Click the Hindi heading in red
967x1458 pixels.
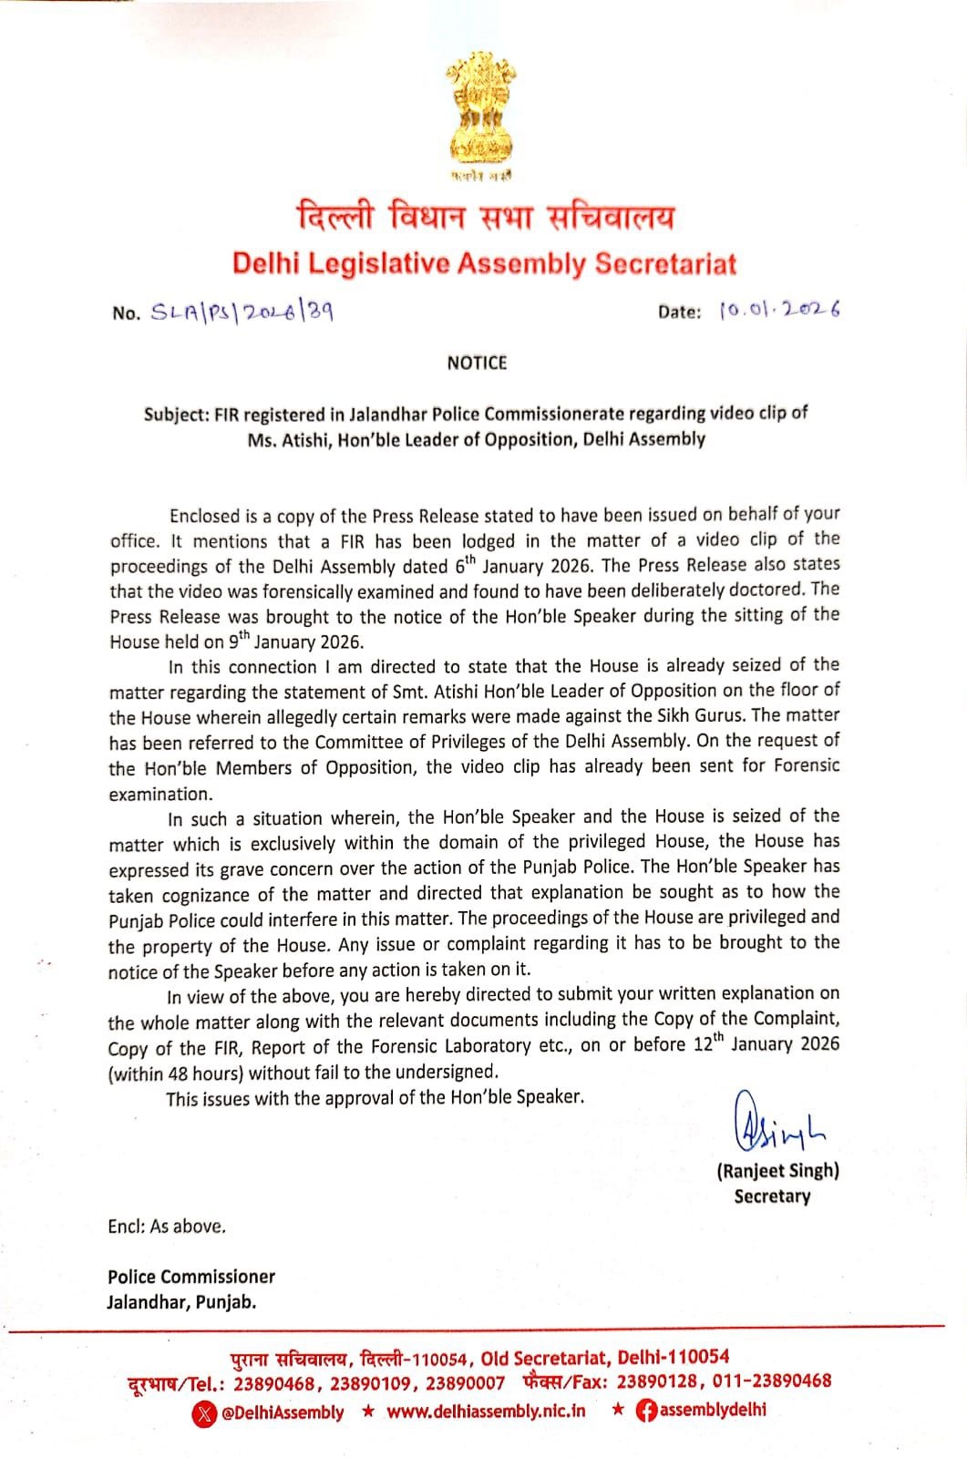coord(486,218)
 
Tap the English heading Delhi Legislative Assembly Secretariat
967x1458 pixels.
coord(484,263)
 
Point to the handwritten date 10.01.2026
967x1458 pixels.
coord(779,310)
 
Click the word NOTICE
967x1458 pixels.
coord(477,363)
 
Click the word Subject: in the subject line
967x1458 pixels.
coord(177,414)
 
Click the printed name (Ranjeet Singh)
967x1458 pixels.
coord(777,1171)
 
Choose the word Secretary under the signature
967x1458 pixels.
coord(772,1196)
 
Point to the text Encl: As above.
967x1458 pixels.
coord(167,1227)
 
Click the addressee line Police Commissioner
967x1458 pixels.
coord(191,1277)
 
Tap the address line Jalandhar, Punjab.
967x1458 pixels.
coord(181,1302)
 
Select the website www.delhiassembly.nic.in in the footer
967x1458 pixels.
coord(486,1412)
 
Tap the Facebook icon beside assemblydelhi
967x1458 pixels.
coord(645,1411)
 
